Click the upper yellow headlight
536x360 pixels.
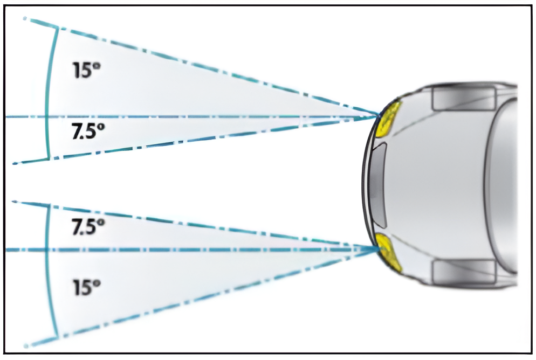pos(389,119)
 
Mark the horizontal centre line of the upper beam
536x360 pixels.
pos(216,116)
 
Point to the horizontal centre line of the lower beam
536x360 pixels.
pos(216,250)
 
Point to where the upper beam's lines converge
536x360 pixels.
pos(377,115)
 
